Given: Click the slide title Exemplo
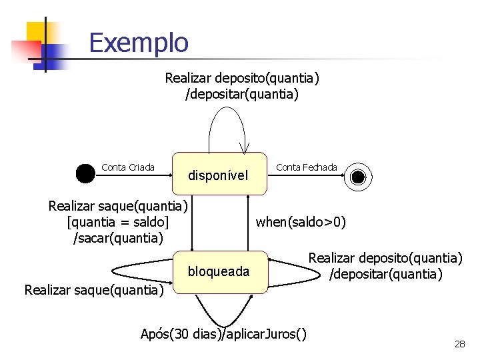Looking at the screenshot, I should [139, 43].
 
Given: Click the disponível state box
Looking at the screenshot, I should [218, 175].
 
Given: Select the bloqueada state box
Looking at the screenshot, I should [219, 271].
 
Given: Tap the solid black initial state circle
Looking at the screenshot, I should [85, 173].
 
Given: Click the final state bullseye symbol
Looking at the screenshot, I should [358, 176].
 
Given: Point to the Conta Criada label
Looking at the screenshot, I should [128, 167].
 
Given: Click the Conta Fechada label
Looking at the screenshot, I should [307, 167].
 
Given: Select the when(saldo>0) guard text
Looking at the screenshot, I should [301, 222].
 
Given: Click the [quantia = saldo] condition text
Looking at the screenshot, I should [118, 221].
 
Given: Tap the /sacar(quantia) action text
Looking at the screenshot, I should [118, 237].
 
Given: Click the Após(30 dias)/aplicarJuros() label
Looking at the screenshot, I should [223, 334].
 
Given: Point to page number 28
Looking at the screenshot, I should [459, 344].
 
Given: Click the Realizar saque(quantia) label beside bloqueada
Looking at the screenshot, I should [94, 289].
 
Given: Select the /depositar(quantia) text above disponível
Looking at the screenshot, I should [241, 95].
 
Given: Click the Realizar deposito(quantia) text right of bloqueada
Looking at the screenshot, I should [385, 258].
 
